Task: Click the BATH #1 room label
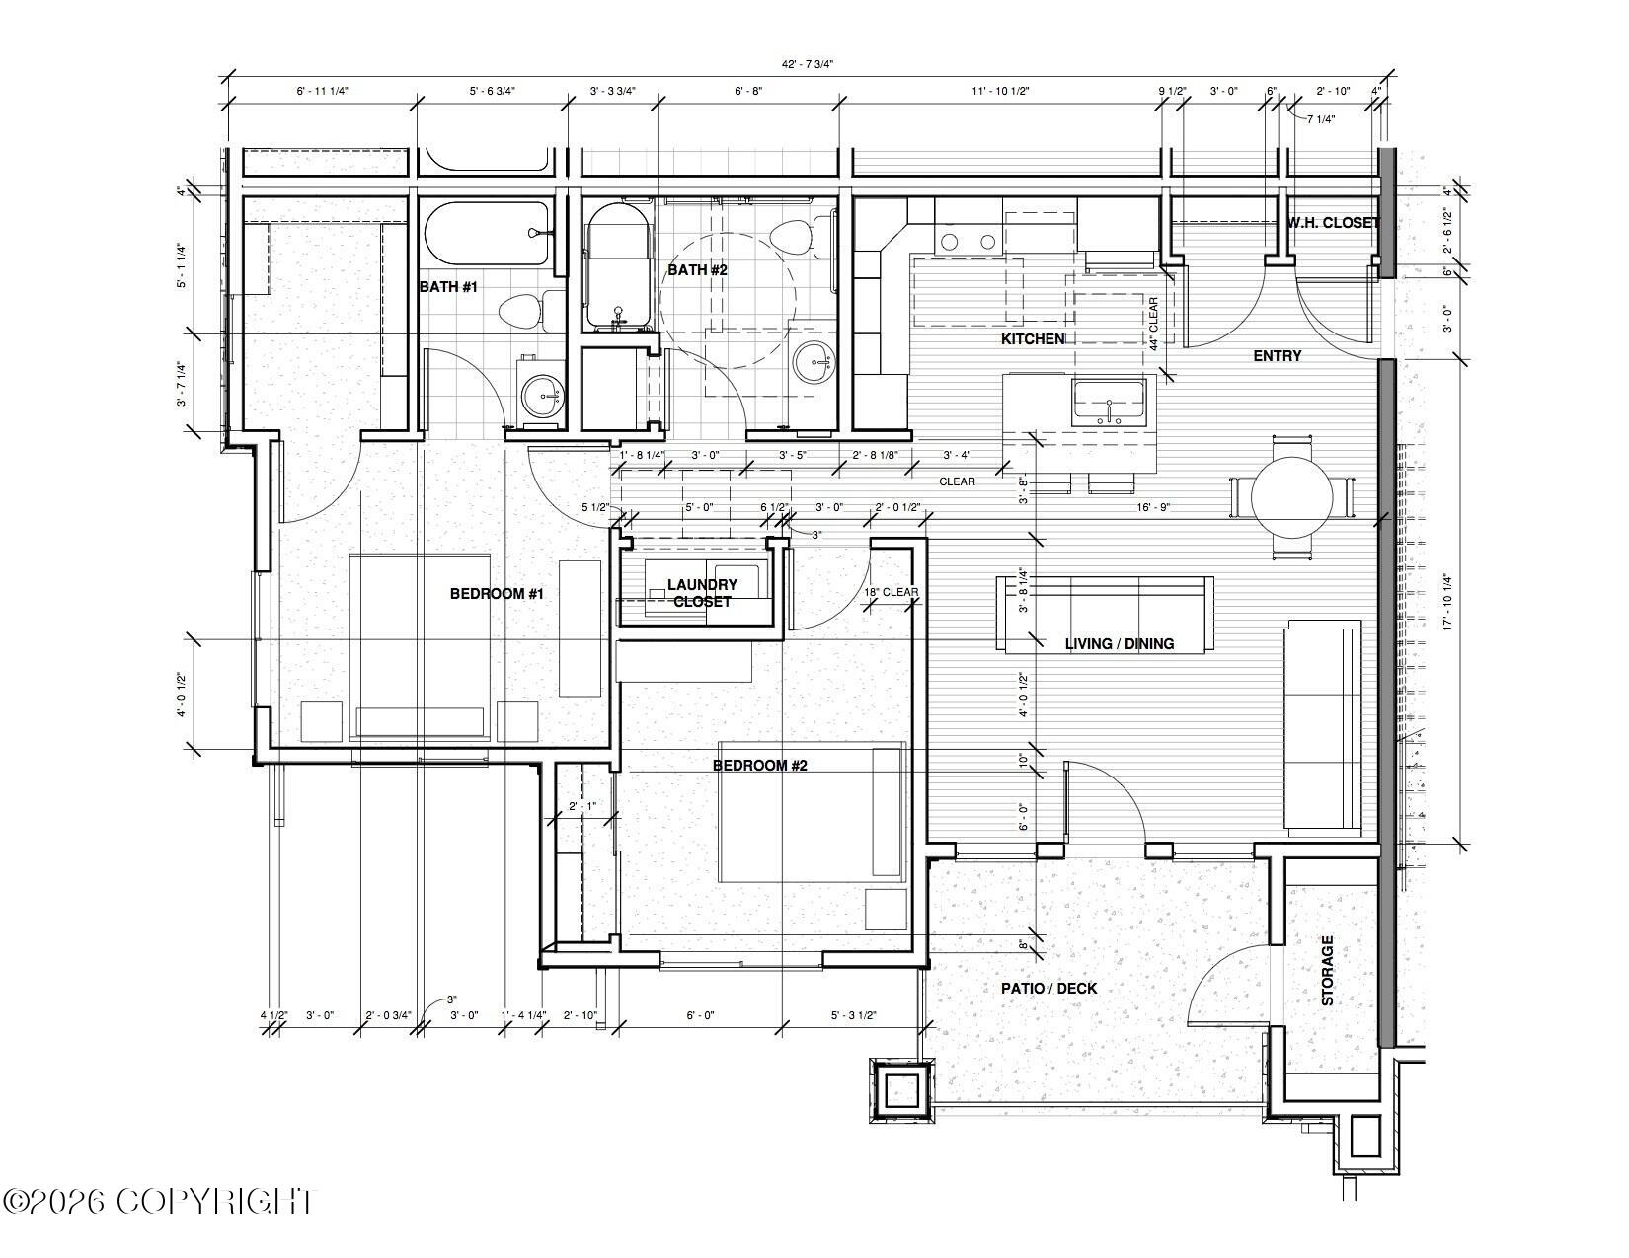(x=448, y=287)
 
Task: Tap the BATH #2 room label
(x=697, y=269)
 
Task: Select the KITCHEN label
(x=1033, y=339)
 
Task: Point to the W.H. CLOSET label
(x=1334, y=223)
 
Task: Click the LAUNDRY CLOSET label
(x=702, y=593)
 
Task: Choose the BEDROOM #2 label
(x=759, y=765)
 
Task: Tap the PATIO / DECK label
(x=1048, y=989)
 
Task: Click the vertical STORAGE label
(x=1327, y=970)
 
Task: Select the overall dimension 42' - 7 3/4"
(x=808, y=64)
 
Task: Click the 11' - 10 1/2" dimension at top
(x=1000, y=91)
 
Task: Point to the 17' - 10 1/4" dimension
(x=1447, y=602)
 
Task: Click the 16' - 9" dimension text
(x=1153, y=507)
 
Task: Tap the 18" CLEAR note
(x=891, y=592)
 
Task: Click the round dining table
(x=1292, y=496)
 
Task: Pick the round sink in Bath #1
(x=542, y=394)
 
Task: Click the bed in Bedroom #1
(x=420, y=647)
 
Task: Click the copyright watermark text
(x=157, y=1201)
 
